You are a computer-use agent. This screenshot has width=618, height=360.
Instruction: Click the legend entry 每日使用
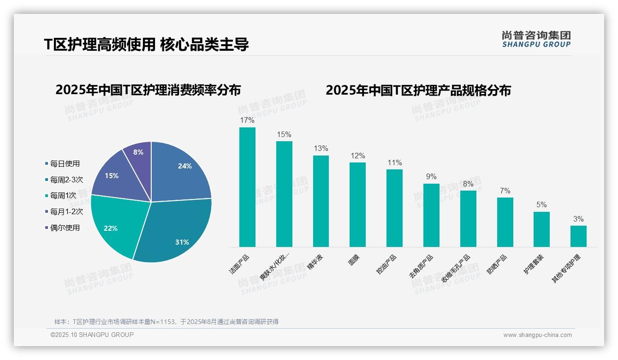(65, 163)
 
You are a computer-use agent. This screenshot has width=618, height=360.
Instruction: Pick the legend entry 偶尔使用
(65, 228)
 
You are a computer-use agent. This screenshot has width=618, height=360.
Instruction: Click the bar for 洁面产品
(247, 187)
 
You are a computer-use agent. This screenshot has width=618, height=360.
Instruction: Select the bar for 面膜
(357, 204)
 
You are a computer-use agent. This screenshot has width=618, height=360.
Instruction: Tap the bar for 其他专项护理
(578, 236)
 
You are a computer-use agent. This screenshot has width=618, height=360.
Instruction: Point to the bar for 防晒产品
(505, 222)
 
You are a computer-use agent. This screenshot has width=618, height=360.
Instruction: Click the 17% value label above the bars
(247, 120)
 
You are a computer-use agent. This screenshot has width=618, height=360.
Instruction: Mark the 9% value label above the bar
(431, 176)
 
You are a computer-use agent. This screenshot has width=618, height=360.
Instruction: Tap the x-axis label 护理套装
(533, 264)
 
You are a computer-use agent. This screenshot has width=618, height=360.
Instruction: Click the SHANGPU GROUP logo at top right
(536, 39)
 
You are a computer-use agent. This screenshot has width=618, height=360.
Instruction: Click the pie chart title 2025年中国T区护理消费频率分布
(148, 90)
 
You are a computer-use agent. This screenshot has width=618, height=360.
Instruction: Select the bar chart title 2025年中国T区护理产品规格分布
(418, 90)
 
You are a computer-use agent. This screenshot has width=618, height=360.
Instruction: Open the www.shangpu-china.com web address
(537, 335)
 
